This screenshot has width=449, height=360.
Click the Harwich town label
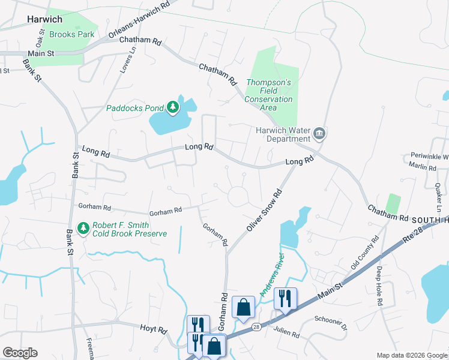tap(45, 19)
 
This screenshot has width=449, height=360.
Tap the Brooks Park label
tap(71, 34)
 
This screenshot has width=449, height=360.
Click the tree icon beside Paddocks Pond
tap(173, 107)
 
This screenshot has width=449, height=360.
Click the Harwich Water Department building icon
tap(319, 133)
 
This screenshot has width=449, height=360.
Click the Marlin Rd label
tap(424, 167)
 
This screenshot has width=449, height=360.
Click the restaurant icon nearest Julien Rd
tap(285, 297)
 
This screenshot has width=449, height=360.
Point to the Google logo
tap(20, 353)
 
